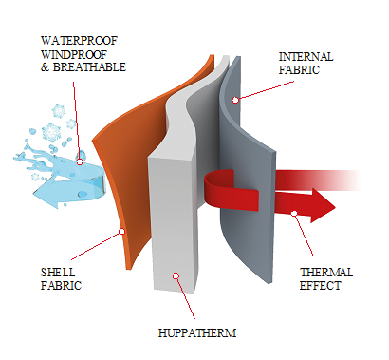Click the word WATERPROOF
(x=79, y=41)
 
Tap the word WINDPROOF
(x=74, y=54)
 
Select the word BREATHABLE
(x=89, y=67)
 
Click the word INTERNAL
(x=306, y=57)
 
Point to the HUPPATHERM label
(x=197, y=333)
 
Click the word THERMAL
(x=326, y=273)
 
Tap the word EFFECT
(x=320, y=286)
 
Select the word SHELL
(x=58, y=273)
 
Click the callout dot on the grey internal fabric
(x=235, y=100)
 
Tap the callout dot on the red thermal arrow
(x=294, y=213)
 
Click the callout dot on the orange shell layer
(x=122, y=232)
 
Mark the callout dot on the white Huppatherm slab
(x=176, y=276)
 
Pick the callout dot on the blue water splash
(x=80, y=162)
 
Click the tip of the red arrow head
(x=335, y=207)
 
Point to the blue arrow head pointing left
(x=46, y=194)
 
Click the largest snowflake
(x=51, y=132)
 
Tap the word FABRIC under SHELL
(x=61, y=286)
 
